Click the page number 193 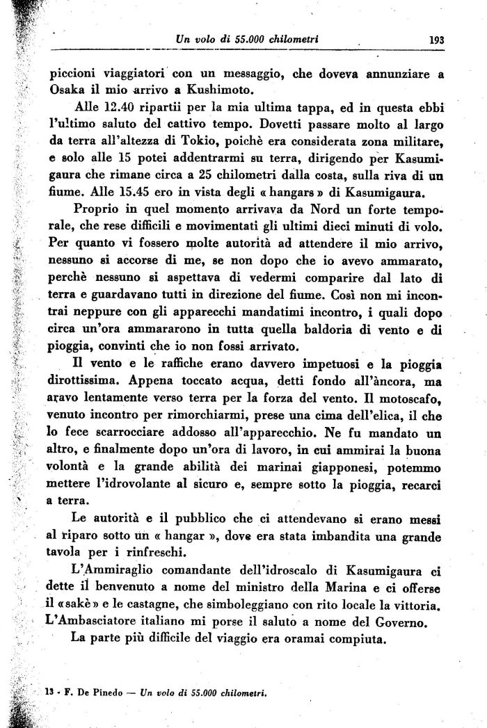(x=436, y=40)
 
